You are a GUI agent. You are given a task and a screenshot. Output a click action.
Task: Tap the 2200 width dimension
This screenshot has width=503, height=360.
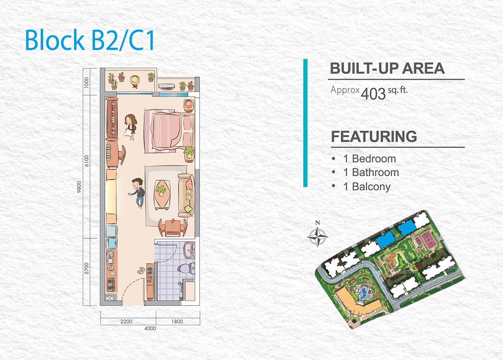point(127,321)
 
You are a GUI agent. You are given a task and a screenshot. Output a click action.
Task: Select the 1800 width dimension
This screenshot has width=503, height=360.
point(177,321)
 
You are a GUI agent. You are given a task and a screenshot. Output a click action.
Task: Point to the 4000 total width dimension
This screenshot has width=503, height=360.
point(150,328)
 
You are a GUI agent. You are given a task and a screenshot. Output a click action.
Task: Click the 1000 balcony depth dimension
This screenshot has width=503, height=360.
point(87,83)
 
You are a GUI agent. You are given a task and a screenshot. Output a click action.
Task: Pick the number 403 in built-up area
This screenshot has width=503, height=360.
point(373,94)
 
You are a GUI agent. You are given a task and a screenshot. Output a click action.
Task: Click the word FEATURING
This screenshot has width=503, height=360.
point(374,136)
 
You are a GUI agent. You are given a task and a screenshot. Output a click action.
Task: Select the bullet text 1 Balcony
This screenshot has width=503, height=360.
point(367,187)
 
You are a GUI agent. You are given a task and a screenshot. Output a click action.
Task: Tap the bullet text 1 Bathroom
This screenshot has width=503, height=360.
point(371,172)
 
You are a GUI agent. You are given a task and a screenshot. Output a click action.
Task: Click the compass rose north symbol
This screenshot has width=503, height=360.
point(317,235)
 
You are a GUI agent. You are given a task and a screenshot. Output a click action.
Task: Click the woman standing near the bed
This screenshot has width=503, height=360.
point(130,127)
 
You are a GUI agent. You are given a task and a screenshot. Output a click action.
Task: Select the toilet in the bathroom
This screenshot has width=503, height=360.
point(186,268)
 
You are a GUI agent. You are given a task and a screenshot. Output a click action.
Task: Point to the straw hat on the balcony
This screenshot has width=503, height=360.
point(135,80)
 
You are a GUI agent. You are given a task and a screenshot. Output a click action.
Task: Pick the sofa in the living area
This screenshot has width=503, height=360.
point(186,195)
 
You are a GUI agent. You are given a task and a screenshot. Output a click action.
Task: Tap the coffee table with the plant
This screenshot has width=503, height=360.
point(161,194)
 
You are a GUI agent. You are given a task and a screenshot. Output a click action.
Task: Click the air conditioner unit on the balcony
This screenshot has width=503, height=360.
point(167,86)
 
